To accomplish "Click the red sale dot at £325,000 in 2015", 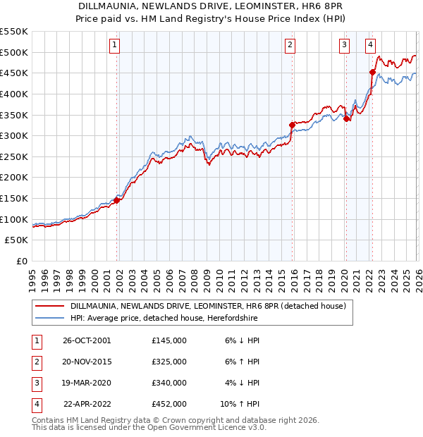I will click(292, 125).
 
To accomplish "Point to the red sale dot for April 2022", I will click(372, 71).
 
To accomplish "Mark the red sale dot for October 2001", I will click(117, 200).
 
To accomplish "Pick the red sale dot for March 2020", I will click(346, 118).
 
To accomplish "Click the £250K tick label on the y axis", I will click(14, 156).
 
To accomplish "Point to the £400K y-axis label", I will click(14, 94).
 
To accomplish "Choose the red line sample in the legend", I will click(50, 307).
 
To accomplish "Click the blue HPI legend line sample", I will click(50, 319).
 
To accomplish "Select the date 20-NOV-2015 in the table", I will click(87, 362).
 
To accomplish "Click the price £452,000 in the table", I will click(169, 404).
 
